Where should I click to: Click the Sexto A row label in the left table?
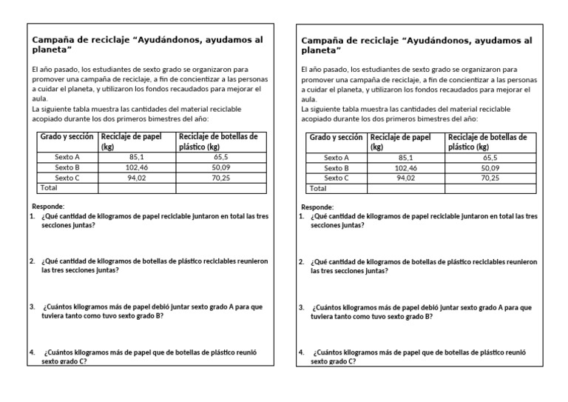click(67, 157)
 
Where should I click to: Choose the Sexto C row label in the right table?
click(337, 178)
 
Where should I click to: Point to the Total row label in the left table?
click(48, 188)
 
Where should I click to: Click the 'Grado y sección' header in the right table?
click(336, 138)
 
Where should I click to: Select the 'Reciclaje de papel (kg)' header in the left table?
click(131, 141)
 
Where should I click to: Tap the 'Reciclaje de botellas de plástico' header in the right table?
click(487, 141)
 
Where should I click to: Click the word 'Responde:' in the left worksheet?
click(48, 206)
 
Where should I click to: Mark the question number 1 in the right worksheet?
click(301, 216)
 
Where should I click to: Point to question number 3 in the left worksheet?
click(33, 306)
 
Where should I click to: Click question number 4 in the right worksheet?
click(301, 352)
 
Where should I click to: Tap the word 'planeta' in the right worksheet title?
click(320, 51)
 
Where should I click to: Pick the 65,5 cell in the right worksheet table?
click(490, 158)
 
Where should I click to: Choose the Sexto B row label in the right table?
click(337, 168)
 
